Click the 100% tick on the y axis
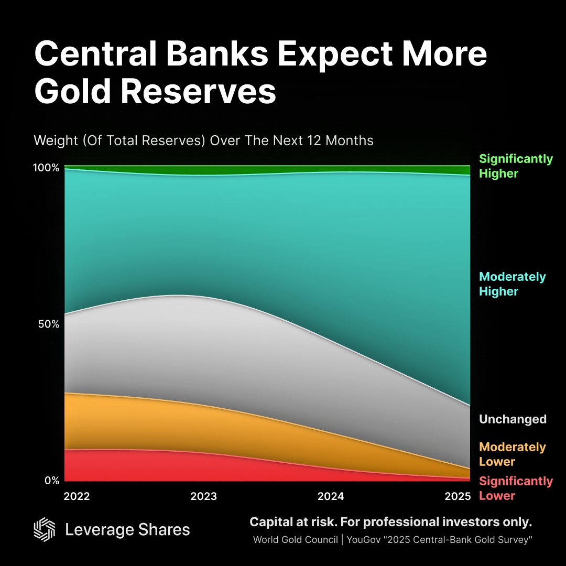click(47, 168)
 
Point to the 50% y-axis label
click(48, 324)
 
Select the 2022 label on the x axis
click(77, 496)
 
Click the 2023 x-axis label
click(203, 496)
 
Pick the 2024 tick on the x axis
click(331, 496)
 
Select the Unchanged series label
click(513, 419)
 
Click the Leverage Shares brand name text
click(127, 530)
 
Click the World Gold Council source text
click(296, 540)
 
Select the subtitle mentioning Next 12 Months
click(203, 140)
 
